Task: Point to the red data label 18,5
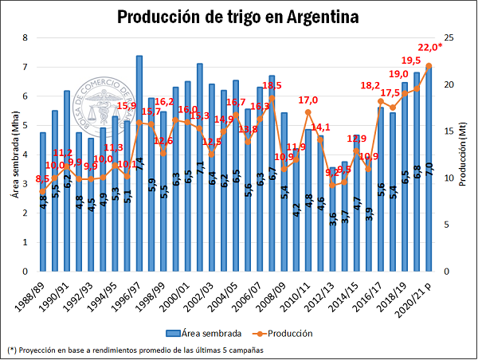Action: (272, 85)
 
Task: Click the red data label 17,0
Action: (308, 100)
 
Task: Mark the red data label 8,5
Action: (43, 179)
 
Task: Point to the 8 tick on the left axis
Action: (26, 37)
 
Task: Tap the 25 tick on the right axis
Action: (449, 37)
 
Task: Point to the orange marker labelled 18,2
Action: (380, 101)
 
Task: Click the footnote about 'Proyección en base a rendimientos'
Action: (135, 350)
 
